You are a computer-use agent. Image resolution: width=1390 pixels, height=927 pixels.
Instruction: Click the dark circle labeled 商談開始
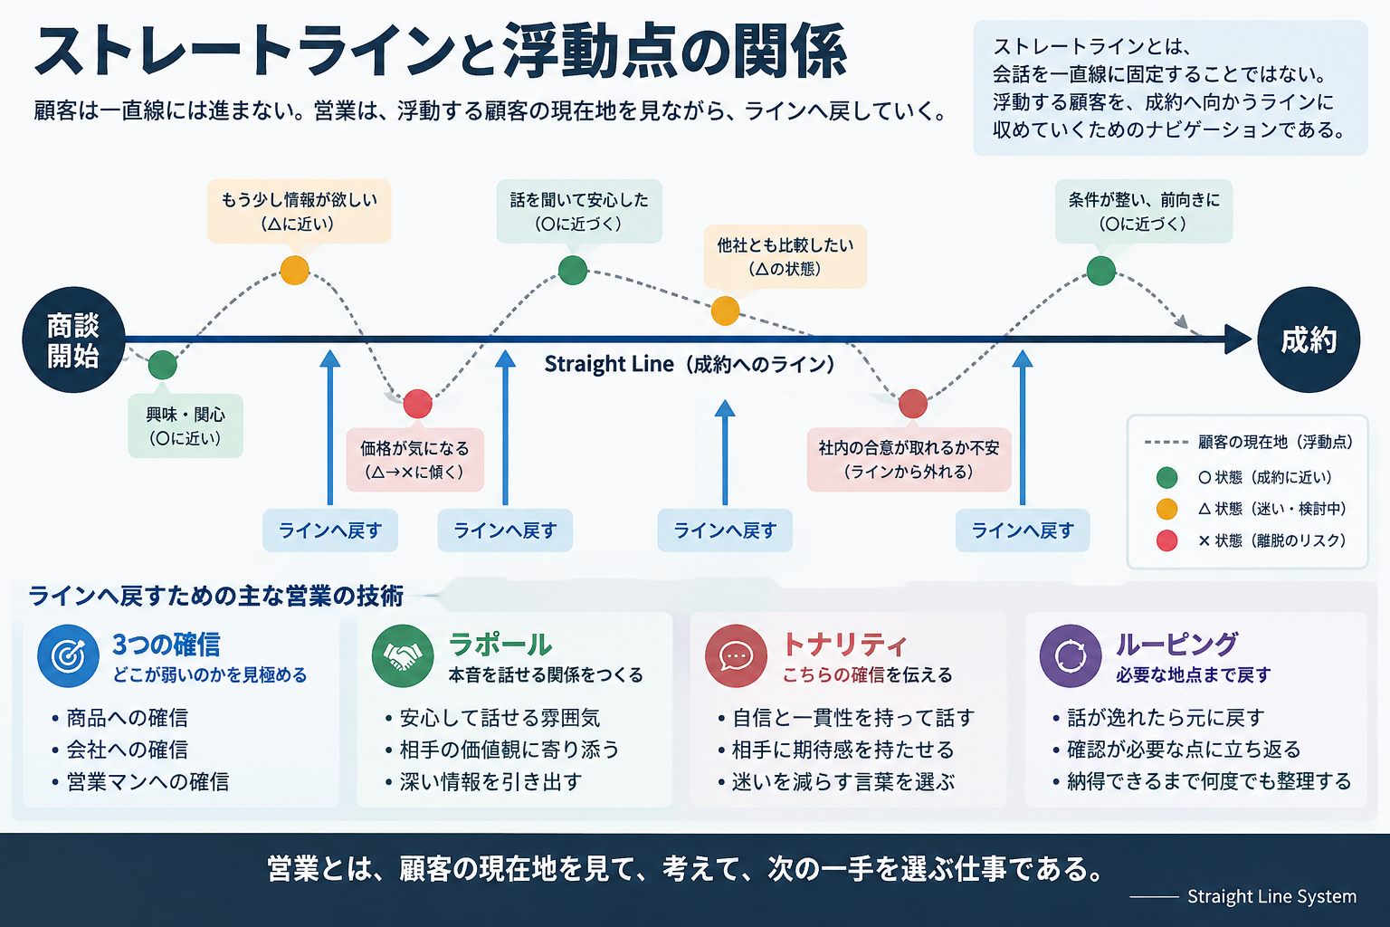74,339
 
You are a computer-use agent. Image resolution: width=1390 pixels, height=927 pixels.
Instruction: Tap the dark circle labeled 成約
1309,339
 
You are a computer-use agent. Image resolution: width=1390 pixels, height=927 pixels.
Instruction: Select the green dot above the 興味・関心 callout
163,365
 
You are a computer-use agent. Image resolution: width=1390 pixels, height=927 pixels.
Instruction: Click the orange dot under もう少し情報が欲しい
295,270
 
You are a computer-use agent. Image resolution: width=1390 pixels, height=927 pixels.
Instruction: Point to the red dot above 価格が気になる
417,404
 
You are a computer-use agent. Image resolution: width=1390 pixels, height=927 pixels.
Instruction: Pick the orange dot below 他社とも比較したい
725,311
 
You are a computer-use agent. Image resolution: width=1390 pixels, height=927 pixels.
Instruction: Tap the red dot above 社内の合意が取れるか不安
913,404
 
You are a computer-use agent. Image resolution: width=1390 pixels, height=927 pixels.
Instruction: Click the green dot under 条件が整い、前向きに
1101,271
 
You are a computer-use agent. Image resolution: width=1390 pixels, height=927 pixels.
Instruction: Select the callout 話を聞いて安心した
579,212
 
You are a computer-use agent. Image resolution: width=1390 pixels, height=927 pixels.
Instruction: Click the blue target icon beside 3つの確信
68,655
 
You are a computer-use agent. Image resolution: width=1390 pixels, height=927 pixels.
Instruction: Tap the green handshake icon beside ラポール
403,655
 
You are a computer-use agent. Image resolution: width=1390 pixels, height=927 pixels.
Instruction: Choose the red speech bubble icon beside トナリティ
736,655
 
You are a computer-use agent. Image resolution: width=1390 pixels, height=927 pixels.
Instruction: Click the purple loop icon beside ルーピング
1071,655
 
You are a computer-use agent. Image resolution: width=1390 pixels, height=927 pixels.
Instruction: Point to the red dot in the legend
1167,540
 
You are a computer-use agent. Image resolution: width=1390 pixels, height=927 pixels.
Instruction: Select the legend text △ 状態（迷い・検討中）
1272,509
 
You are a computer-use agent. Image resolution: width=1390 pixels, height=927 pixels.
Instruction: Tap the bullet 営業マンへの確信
148,781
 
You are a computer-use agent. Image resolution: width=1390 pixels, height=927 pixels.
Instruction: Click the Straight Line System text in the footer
1271,896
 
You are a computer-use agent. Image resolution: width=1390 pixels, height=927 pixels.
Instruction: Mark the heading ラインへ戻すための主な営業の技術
216,596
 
